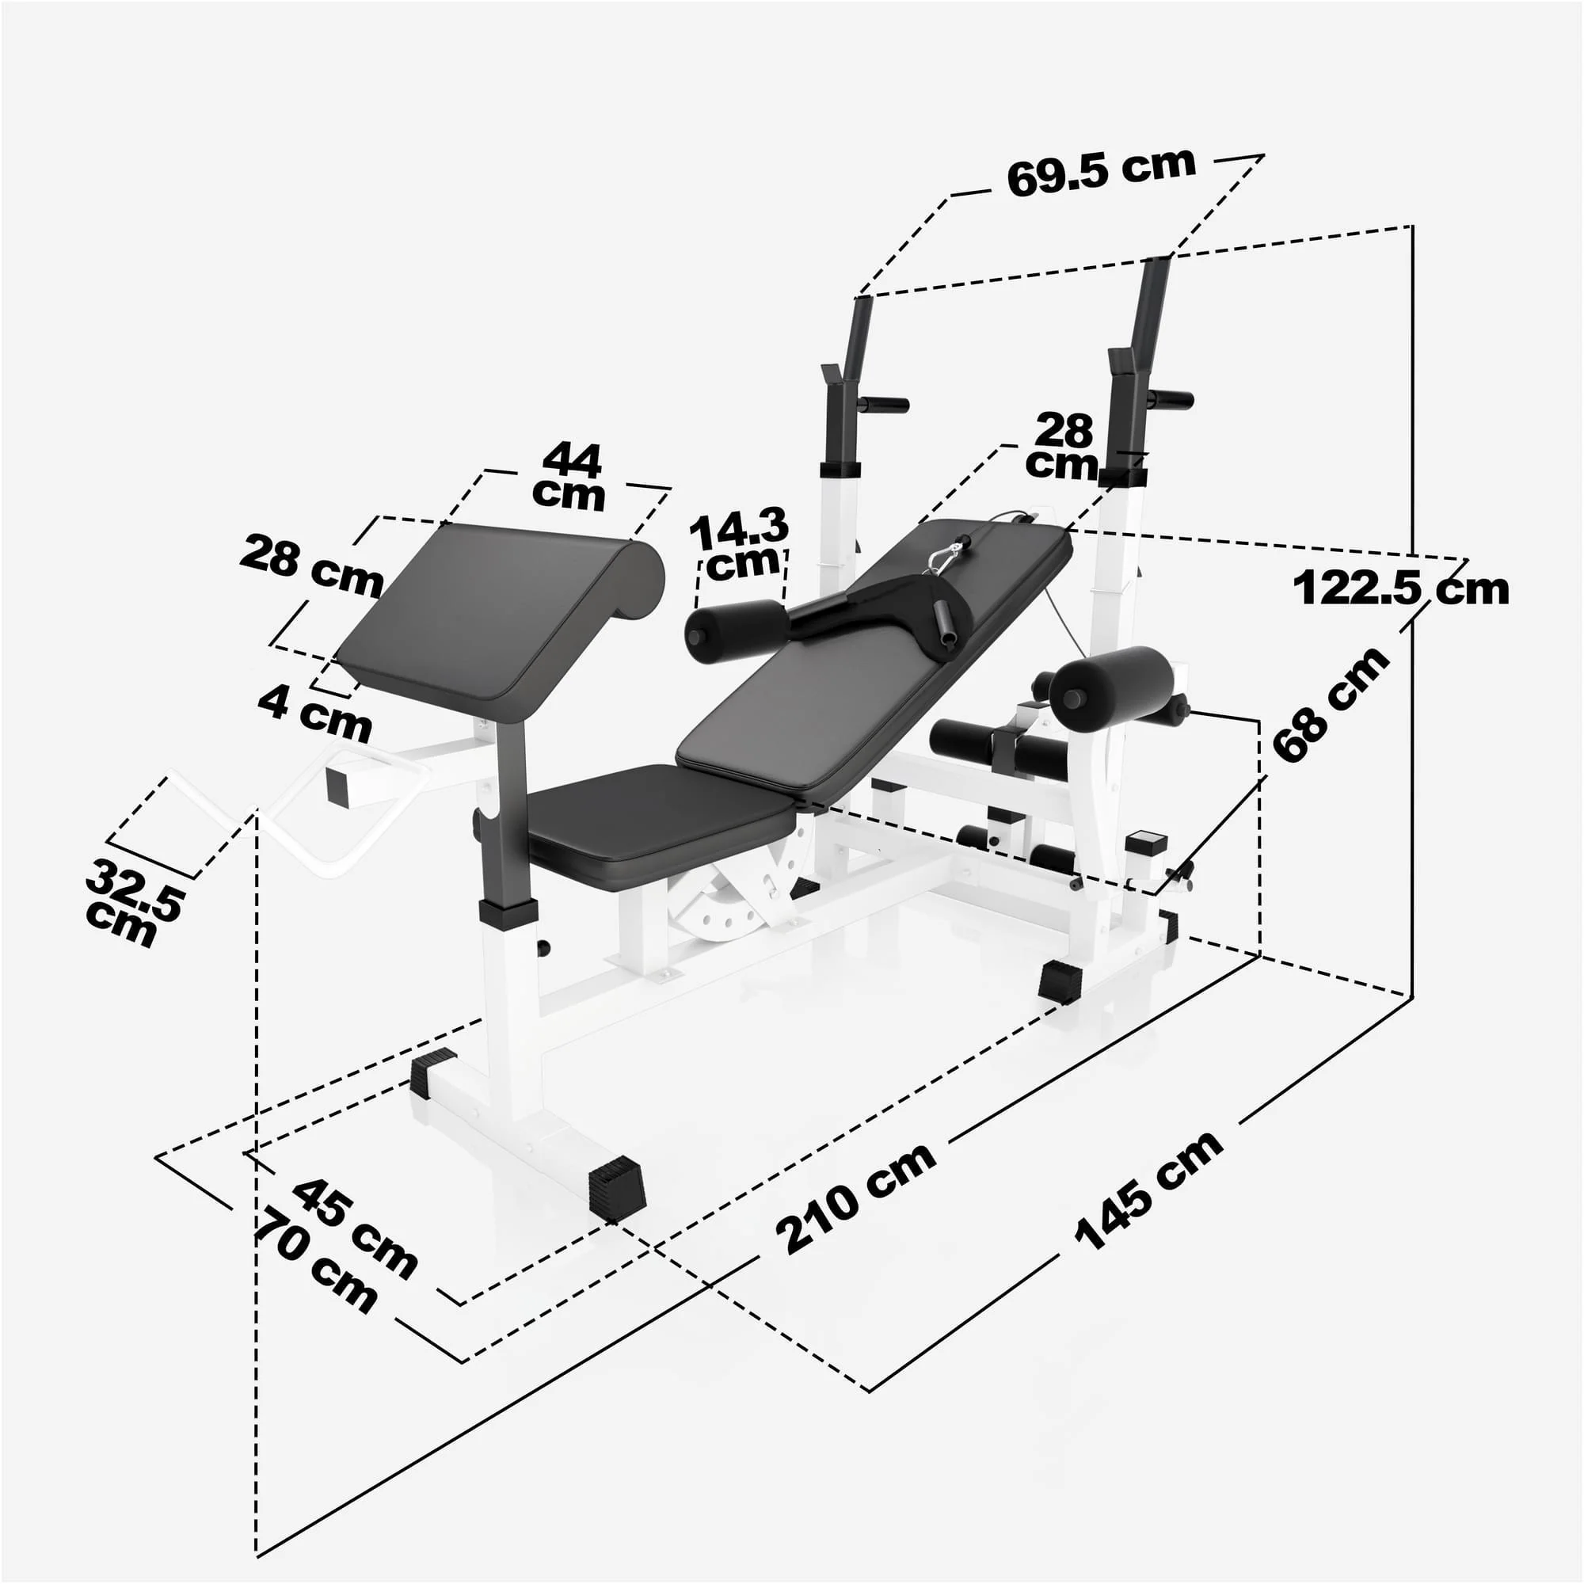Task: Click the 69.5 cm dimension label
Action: (1100, 172)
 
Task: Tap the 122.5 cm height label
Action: (1400, 588)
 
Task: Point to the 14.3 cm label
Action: (740, 543)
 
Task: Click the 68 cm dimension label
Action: (1330, 704)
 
